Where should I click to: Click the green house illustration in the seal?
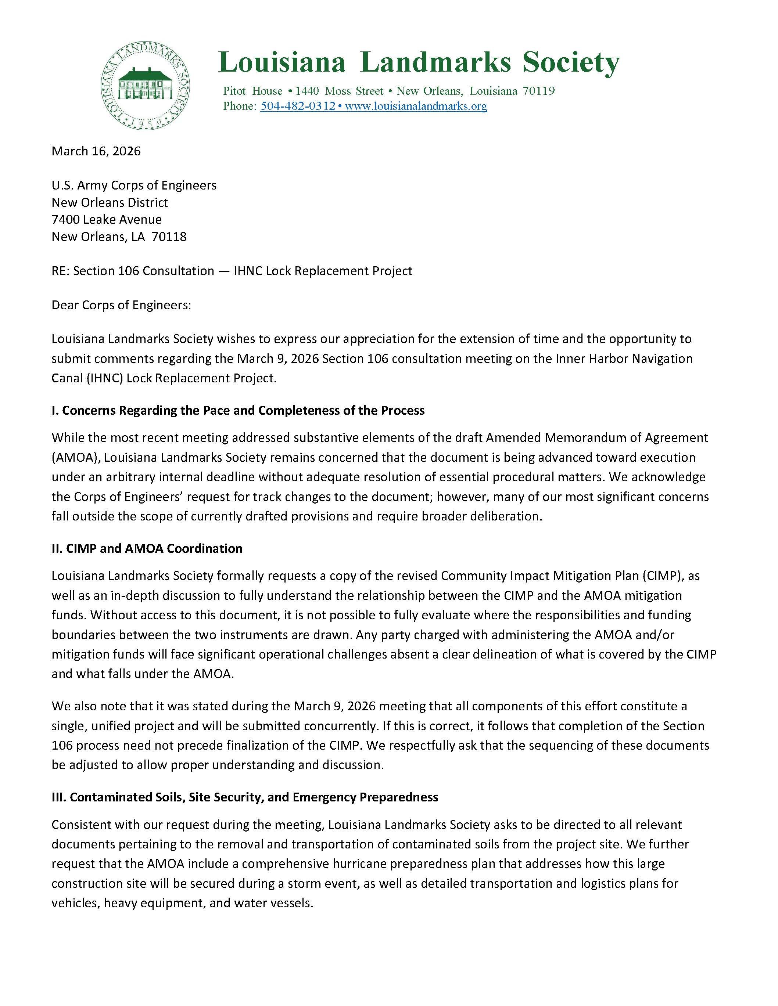click(145, 83)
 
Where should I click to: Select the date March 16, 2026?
click(96, 151)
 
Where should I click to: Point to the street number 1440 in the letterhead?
click(307, 91)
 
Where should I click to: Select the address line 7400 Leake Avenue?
click(107, 219)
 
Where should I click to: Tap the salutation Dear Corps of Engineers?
click(121, 305)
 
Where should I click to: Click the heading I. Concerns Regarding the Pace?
click(238, 410)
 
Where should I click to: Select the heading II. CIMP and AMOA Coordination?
click(147, 548)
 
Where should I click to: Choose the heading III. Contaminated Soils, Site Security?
click(245, 797)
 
